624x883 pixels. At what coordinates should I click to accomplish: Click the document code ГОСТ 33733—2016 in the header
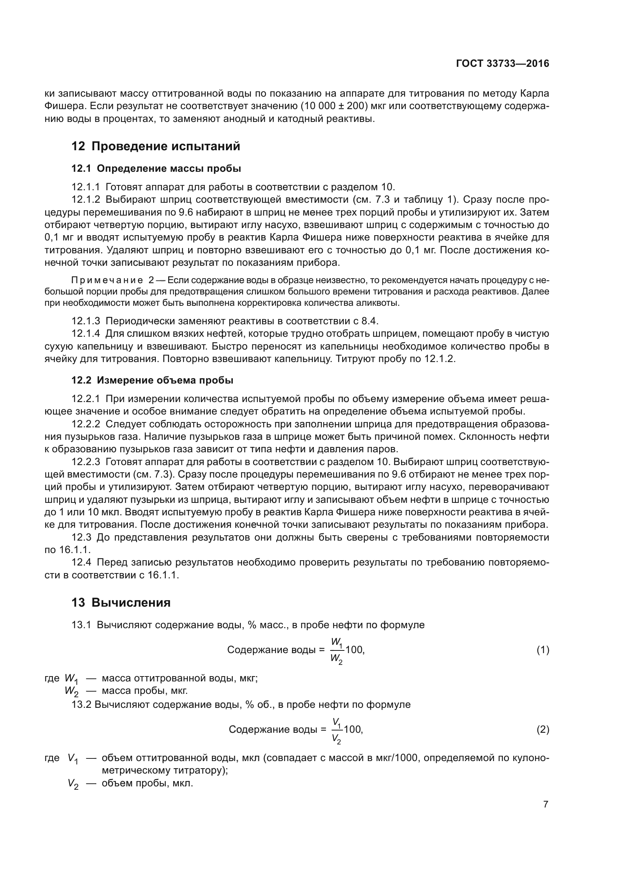click(502, 64)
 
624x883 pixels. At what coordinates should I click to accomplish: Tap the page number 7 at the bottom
click(546, 804)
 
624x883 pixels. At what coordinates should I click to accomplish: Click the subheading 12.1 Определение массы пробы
click(156, 168)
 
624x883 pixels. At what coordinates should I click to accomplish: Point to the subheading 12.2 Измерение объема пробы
click(152, 381)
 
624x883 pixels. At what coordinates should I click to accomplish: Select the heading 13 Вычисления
click(121, 602)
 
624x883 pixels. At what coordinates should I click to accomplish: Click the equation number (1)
click(543, 650)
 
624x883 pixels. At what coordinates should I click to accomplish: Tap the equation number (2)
click(543, 729)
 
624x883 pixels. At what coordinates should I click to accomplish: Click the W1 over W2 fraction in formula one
click(337, 650)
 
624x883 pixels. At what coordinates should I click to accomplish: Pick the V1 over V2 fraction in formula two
click(336, 730)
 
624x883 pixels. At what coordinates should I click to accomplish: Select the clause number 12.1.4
click(85, 333)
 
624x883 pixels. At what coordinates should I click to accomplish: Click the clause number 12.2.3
click(85, 461)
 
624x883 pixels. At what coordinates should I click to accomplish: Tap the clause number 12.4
click(81, 562)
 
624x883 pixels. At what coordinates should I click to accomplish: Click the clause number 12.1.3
click(85, 321)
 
